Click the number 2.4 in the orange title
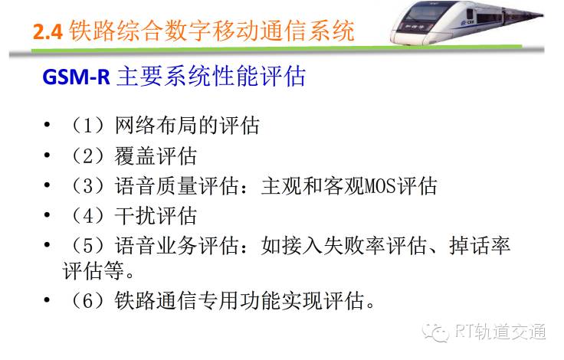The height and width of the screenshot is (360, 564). [x=48, y=31]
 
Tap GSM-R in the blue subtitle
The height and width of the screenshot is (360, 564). [x=77, y=77]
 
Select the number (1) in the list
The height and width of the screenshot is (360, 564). [x=88, y=126]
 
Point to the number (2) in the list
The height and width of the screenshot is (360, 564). [x=88, y=156]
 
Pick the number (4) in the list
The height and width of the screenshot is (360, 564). [x=88, y=216]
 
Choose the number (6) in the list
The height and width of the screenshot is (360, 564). [x=88, y=301]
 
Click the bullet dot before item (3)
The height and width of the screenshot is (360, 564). [x=47, y=185]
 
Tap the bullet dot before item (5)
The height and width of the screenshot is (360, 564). [x=47, y=245]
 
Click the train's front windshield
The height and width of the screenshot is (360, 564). [x=425, y=14]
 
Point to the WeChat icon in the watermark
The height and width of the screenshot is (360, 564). [x=436, y=332]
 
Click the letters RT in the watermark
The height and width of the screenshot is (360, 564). [x=464, y=331]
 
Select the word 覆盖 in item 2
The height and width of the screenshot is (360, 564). [x=135, y=156]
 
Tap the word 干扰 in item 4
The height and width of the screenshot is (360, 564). [x=135, y=216]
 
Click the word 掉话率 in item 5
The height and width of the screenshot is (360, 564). [x=480, y=246]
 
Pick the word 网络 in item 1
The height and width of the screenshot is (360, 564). [x=135, y=126]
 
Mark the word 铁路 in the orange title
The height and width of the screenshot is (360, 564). [x=92, y=31]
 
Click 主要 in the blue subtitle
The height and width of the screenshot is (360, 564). [x=139, y=77]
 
